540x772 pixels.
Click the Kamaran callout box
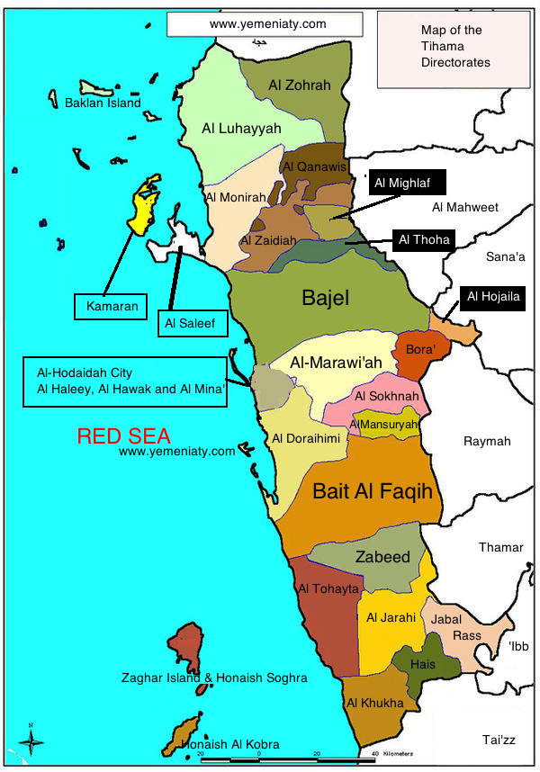[112, 306]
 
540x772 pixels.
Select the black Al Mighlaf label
[402, 184]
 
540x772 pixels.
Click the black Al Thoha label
[423, 239]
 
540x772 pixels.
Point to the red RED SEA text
[123, 436]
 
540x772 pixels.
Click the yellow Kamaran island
[142, 206]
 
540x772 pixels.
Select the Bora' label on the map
[420, 348]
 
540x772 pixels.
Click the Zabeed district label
[382, 556]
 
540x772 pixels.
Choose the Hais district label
[422, 663]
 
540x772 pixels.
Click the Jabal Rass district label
[460, 626]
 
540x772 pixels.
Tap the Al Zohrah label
[300, 85]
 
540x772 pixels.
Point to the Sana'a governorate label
[505, 257]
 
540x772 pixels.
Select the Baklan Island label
[103, 103]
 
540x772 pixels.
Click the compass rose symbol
[32, 741]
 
